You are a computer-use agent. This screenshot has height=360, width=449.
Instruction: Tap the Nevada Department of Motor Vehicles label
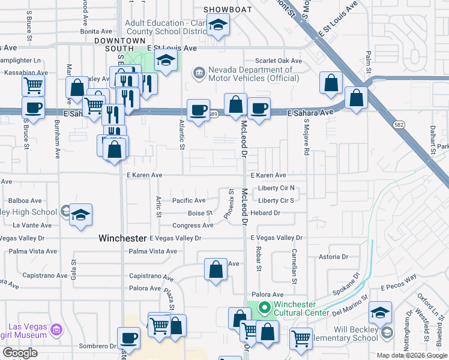pos(250,74)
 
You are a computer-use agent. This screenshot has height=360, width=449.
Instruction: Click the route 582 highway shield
pos(399,124)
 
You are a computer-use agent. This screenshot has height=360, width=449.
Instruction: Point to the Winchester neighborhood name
pos(122,238)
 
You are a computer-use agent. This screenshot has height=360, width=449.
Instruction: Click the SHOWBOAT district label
pos(225,10)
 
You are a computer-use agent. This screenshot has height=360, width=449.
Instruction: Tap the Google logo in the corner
pos(19,353)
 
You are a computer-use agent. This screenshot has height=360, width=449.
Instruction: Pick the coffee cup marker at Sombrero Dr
pos(128,337)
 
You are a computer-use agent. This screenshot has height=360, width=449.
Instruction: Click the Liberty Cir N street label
pos(276,188)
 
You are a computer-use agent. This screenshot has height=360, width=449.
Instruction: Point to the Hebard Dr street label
pos(265,213)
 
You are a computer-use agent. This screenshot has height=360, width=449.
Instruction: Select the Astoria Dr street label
pos(333,257)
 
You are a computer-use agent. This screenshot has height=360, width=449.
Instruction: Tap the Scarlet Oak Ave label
pos(278,61)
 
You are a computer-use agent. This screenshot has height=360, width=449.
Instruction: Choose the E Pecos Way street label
pos(398,280)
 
